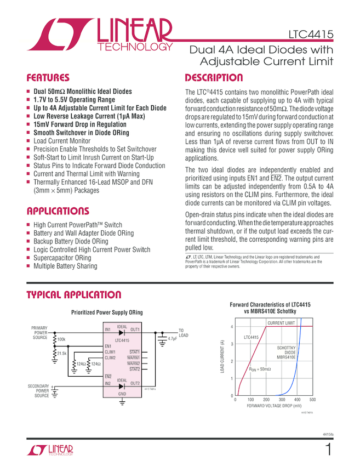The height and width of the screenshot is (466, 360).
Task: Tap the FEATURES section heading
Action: coord(48,78)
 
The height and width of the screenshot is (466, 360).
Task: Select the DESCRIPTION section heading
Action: coord(214,78)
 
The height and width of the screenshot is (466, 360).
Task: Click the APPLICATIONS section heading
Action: coord(58,212)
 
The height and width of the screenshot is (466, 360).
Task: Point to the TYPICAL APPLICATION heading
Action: coord(74,295)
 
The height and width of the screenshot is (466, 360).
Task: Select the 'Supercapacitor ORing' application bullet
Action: coord(62,258)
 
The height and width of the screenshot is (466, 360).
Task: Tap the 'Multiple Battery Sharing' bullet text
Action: coord(65,266)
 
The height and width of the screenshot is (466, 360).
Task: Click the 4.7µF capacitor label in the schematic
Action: coord(173,339)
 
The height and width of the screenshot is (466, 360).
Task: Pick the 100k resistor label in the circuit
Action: coord(61,340)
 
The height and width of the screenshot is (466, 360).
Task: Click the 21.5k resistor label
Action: coord(62,353)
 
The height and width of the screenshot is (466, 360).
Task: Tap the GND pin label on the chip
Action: coord(122,394)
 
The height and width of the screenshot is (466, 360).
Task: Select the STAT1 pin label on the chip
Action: coord(134,351)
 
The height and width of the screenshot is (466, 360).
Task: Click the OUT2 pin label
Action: coord(135,383)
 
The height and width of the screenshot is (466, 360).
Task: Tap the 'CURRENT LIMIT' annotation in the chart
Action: coord(281,323)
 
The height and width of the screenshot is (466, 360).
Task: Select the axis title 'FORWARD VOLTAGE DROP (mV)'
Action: coord(274,406)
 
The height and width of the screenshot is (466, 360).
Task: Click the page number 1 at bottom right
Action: coord(329,450)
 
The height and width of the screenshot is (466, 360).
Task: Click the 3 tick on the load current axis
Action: coord(232,344)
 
